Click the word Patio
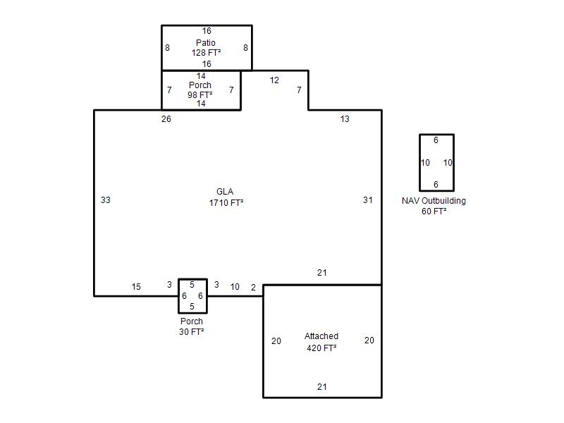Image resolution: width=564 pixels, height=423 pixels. [206, 43]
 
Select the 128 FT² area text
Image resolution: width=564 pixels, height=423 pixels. [206, 53]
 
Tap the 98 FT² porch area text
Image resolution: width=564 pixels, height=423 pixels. [200, 95]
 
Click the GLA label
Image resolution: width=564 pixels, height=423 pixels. [225, 192]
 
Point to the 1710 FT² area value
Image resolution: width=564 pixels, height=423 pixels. [226, 203]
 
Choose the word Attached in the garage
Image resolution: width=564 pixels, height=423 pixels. [321, 336]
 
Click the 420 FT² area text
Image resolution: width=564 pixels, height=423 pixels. [321, 348]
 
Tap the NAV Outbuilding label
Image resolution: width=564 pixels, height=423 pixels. [434, 201]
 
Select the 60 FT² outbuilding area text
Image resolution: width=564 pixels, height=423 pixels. [434, 211]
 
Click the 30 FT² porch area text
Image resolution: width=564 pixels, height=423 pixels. [192, 332]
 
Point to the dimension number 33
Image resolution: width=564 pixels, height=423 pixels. [105, 200]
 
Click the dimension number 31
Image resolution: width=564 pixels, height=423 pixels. [367, 200]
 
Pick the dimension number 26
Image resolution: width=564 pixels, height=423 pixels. [166, 119]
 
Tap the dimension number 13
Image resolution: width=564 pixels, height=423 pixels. [345, 119]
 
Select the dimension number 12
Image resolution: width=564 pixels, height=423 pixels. [274, 80]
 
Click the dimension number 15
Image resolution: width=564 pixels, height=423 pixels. [136, 287]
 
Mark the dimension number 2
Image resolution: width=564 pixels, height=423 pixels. [253, 288]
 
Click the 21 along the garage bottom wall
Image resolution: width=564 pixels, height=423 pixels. [322, 387]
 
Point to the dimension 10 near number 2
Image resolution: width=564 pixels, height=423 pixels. [235, 287]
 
